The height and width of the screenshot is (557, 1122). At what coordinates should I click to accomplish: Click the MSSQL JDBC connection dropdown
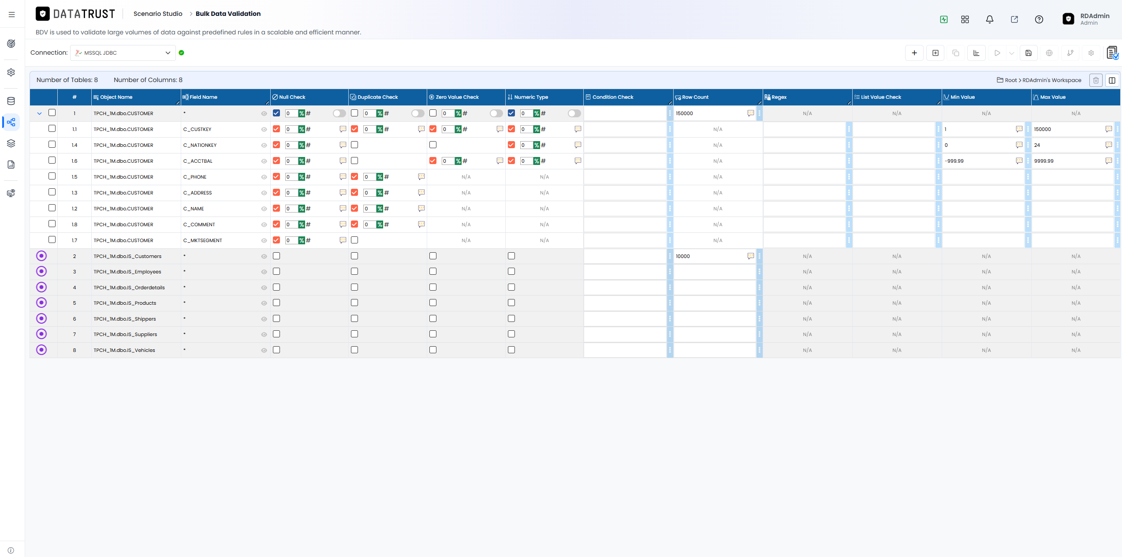point(123,53)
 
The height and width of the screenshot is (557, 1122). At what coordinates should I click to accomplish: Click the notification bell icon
point(990,19)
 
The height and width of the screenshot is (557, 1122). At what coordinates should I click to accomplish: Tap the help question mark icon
point(1039,19)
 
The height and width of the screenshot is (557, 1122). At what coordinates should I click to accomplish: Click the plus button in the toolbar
point(914,53)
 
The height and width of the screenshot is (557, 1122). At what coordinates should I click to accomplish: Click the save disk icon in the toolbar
point(1029,53)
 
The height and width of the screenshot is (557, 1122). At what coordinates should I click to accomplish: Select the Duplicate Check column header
point(377,97)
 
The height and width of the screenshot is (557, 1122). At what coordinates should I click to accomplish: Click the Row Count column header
point(695,97)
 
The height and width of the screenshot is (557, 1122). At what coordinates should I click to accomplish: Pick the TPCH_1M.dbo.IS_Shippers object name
point(125,319)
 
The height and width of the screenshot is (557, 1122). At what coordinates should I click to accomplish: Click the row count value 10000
point(683,256)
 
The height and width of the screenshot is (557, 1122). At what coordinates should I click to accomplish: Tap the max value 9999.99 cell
point(1044,161)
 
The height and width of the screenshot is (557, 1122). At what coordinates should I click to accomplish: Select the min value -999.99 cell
point(954,161)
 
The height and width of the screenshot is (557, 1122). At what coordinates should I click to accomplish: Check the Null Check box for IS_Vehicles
point(276,350)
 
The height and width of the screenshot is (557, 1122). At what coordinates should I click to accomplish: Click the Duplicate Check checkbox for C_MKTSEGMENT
point(354,240)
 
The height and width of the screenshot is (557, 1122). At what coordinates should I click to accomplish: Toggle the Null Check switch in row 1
point(339,113)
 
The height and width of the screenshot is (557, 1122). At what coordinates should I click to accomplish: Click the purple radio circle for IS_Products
point(41,303)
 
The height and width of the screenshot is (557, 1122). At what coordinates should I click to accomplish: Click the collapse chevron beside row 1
point(39,113)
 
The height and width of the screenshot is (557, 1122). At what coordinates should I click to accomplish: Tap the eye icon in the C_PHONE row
point(264,177)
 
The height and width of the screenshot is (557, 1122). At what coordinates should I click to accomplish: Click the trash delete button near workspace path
point(1096,80)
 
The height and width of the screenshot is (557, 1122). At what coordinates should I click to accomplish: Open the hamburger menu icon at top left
point(12,15)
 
